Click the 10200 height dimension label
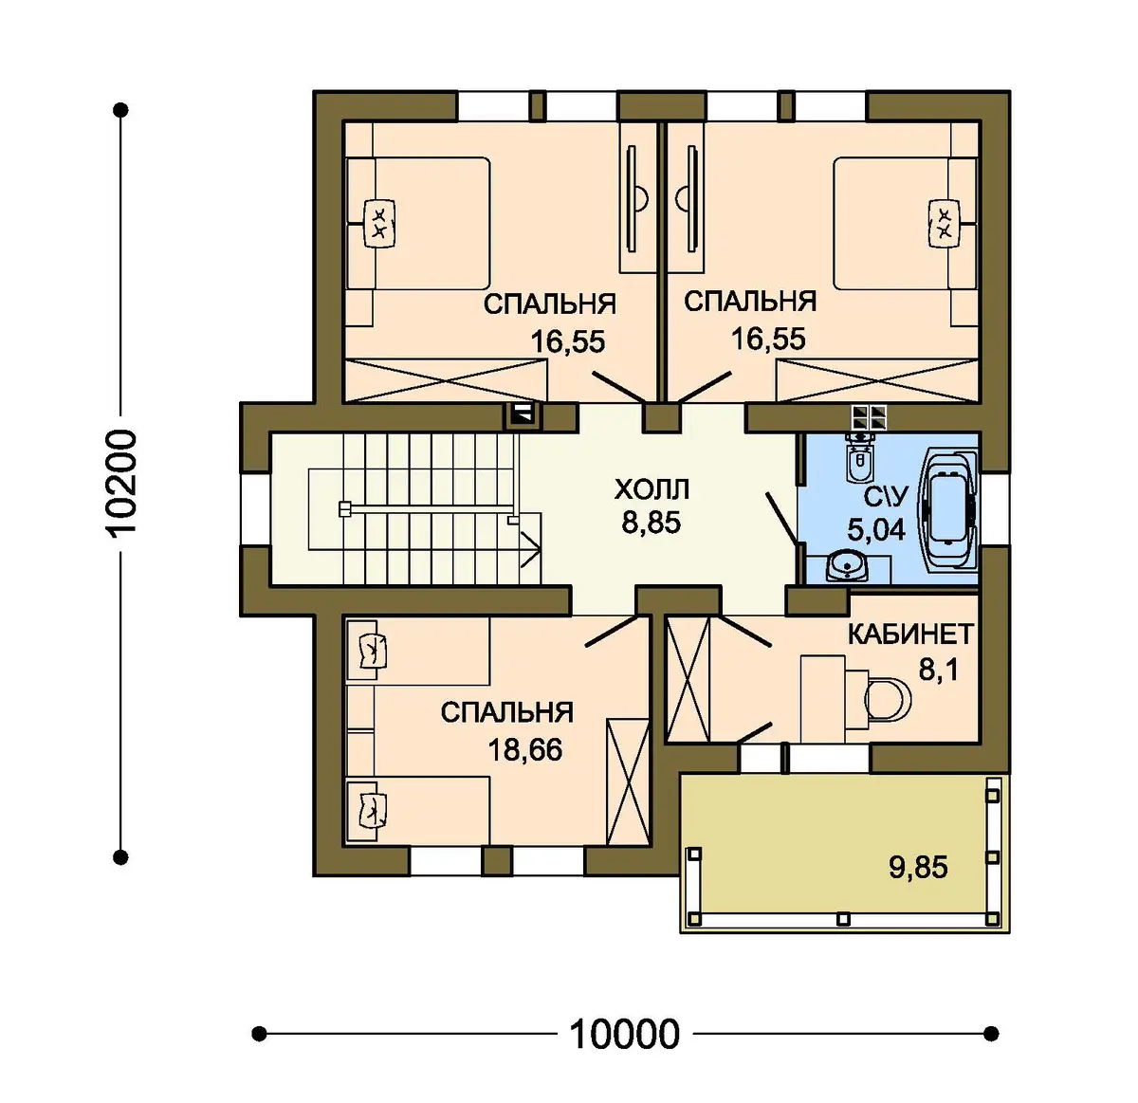(x=123, y=482)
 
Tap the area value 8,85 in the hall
(x=651, y=523)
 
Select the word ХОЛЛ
(x=652, y=489)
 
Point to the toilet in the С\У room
(x=859, y=460)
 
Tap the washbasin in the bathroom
(x=846, y=565)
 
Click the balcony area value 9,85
(x=918, y=867)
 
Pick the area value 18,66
(x=524, y=750)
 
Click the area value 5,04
(x=876, y=530)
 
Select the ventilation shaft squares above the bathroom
(x=870, y=417)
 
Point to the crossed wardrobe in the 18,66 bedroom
(x=628, y=781)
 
